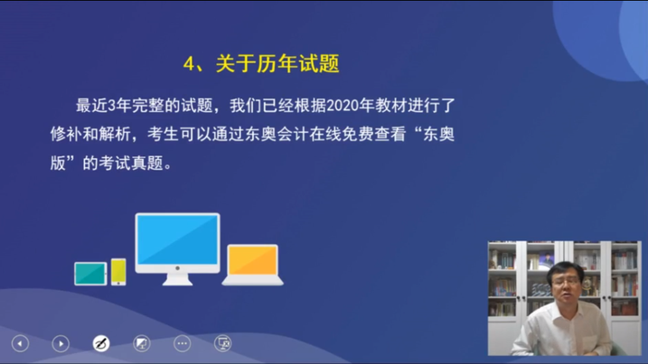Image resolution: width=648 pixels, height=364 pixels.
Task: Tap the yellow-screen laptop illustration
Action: click(x=252, y=264)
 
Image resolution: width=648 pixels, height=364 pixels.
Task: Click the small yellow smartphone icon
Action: click(x=118, y=271)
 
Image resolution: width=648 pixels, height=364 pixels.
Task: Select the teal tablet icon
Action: click(x=90, y=273)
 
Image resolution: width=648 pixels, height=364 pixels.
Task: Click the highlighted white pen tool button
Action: click(x=100, y=343)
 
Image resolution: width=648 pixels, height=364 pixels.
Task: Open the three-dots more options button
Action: click(x=182, y=343)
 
